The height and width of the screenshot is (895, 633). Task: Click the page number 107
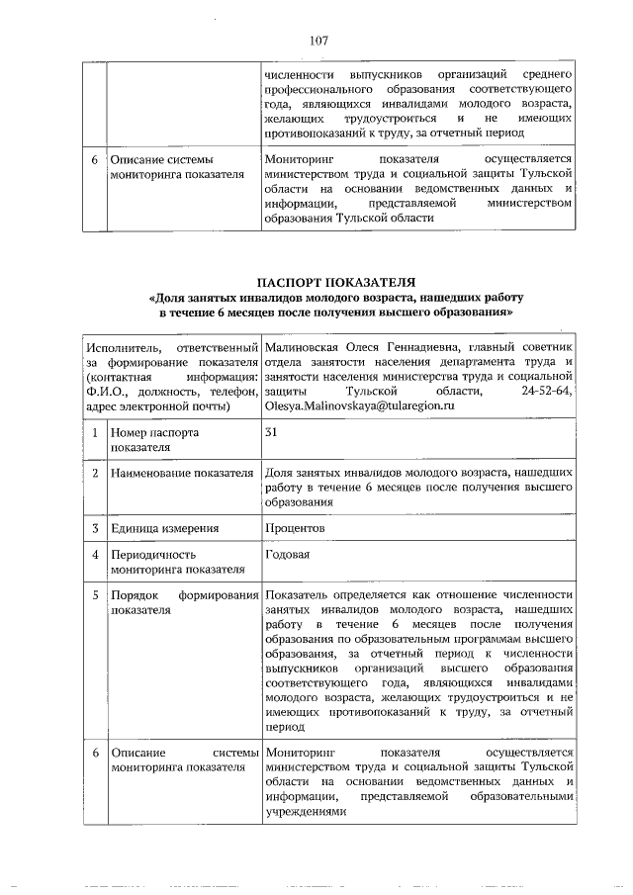click(x=317, y=41)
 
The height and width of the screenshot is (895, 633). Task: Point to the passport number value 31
click(x=272, y=432)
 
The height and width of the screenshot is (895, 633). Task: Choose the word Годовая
click(x=288, y=554)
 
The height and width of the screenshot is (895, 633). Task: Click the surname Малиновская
click(x=304, y=347)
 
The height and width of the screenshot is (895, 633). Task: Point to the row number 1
click(x=93, y=433)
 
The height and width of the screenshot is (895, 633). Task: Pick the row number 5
click(x=93, y=595)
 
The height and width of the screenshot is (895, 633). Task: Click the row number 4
click(x=93, y=555)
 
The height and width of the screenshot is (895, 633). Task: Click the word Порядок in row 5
click(x=135, y=595)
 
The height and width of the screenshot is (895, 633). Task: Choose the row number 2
click(x=93, y=474)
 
